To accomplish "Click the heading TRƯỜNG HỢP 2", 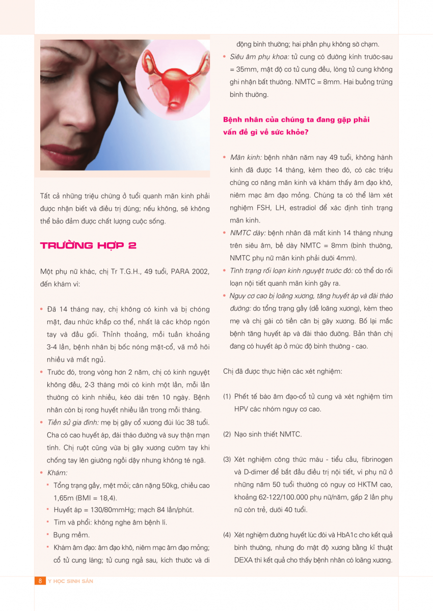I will point(88,245).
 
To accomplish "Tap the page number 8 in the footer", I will point(39,581).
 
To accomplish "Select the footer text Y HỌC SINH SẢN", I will point(70,581).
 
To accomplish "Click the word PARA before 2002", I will point(175,271).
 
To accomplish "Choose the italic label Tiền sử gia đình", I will point(72,423).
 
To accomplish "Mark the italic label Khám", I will point(57,473).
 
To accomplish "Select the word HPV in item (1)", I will point(242,409).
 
